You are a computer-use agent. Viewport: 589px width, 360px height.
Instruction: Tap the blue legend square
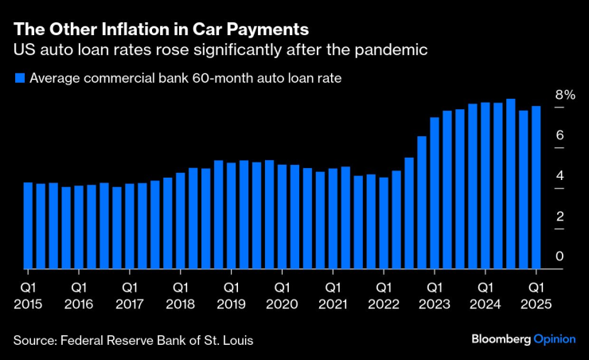point(19,78)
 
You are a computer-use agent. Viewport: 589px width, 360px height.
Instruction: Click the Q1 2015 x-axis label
point(29,294)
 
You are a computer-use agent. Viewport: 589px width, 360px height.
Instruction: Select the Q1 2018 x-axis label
point(181,294)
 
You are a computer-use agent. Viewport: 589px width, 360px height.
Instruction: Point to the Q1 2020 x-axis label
point(283,294)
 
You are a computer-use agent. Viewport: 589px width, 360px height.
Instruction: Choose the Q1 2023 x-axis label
point(435,294)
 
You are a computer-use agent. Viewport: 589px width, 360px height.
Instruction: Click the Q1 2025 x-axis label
point(536,294)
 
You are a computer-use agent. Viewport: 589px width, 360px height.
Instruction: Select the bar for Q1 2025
point(536,187)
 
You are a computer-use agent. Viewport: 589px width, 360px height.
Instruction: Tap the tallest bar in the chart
point(510,184)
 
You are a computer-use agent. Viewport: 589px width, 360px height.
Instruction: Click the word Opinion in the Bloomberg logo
point(554,339)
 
